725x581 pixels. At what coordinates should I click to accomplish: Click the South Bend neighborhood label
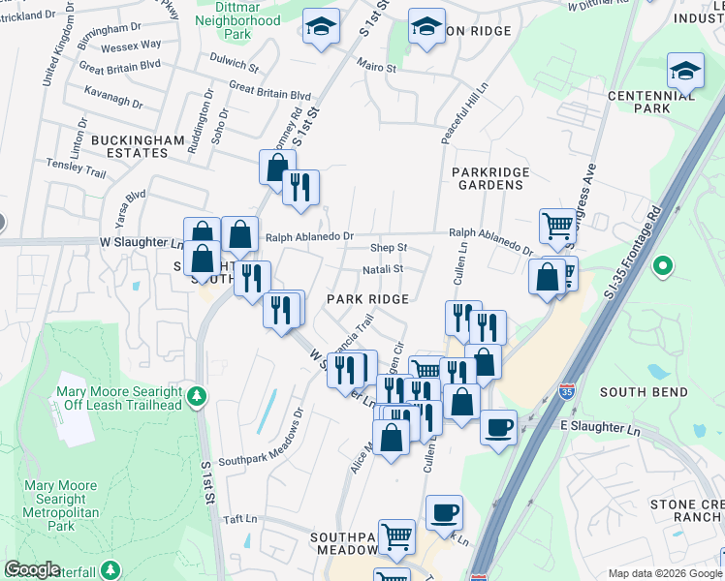644,392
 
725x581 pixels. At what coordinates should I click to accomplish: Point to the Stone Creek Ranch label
686,510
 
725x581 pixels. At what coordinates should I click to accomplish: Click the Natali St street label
383,269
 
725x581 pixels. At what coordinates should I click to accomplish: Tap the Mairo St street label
377,69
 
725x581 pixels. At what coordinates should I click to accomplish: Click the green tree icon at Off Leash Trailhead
197,396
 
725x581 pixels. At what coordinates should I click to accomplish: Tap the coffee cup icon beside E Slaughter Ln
499,425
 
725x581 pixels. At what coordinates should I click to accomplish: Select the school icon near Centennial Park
685,72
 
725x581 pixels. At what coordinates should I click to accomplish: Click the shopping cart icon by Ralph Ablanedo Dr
557,227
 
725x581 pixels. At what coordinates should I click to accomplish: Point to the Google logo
33,569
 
